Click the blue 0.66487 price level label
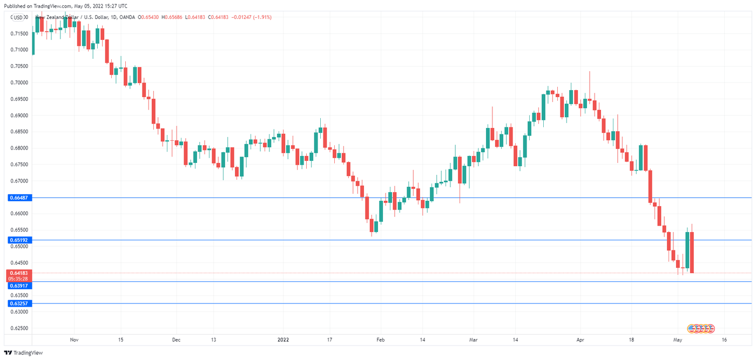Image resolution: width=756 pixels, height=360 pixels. point(19,198)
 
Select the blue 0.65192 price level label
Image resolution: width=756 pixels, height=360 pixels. point(19,240)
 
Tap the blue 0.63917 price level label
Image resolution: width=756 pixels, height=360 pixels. point(19,286)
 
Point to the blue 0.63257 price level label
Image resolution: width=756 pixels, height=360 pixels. point(19,304)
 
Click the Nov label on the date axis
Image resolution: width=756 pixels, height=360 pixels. point(75,340)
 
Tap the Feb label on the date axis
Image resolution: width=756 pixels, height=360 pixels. point(380,340)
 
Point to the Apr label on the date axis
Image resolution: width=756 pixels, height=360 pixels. point(580,340)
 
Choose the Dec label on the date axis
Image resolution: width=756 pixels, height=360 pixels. point(176,340)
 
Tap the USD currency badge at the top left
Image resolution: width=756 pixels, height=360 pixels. point(18,17)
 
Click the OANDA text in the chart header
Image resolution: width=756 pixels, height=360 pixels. point(127,17)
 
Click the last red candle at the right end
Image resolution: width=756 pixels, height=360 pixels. point(692,252)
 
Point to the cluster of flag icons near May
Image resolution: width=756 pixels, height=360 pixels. point(701,328)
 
